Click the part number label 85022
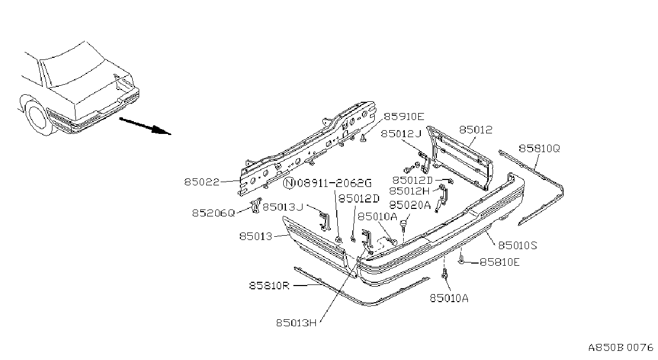tap(202, 182)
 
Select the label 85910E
tap(404, 117)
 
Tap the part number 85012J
tap(401, 134)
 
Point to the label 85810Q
tap(539, 148)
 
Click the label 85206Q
tap(214, 213)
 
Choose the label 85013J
tap(283, 207)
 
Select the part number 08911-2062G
tap(334, 184)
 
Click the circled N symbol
tap(289, 184)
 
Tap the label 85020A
tap(410, 205)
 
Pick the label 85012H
tap(410, 191)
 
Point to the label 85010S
tap(518, 245)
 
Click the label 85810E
tap(500, 262)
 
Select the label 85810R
tap(269, 286)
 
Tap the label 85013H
tap(296, 323)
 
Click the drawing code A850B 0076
tap(621, 348)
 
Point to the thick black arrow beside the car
tap(145, 126)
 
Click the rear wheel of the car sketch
tap(37, 117)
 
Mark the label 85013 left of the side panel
tap(256, 236)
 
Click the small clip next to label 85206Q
tap(256, 205)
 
